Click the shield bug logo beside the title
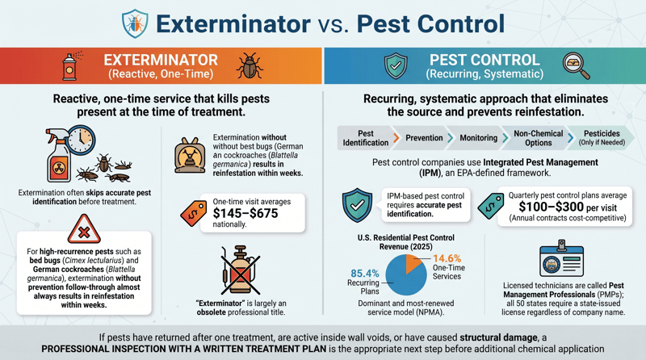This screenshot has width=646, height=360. click(x=134, y=23)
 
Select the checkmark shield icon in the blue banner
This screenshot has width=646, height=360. click(x=396, y=66)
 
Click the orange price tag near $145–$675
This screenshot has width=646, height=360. click(x=193, y=211)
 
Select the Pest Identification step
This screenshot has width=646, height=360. click(x=365, y=137)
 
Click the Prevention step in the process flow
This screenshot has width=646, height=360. click(x=424, y=137)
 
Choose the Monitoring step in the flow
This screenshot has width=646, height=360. click(x=478, y=137)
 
